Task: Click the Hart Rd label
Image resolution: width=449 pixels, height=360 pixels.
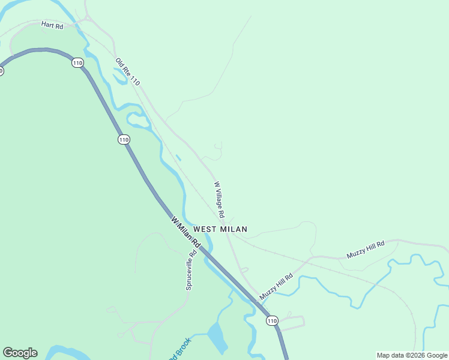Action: pos(52,25)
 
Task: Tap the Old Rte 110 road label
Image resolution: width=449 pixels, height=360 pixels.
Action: pos(127,71)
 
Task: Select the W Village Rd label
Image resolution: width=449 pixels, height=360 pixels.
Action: pos(219,199)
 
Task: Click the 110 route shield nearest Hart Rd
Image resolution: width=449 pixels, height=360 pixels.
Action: pos(77,62)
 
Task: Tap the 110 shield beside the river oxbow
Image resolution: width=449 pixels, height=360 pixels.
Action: pos(124,140)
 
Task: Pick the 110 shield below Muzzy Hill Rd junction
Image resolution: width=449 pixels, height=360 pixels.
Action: pos(273,321)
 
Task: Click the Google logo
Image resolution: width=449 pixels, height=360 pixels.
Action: pos(20,353)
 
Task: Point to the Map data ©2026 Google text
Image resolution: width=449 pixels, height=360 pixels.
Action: pos(412,355)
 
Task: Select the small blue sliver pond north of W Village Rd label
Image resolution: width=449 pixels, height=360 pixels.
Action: pos(178,158)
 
